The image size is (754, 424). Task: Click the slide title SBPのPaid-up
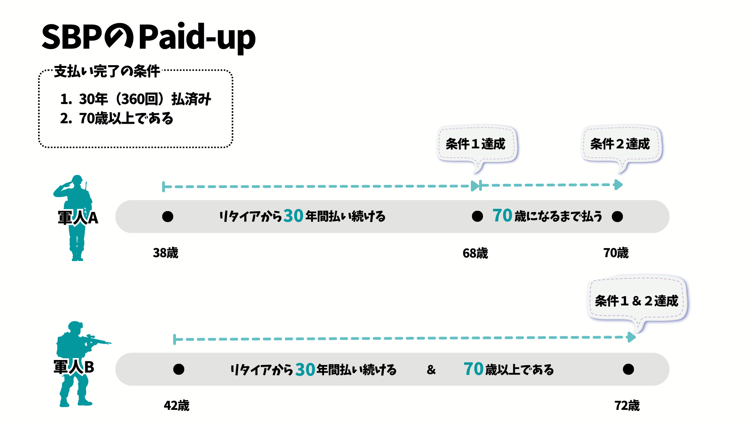[x=148, y=37]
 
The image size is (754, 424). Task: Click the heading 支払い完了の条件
[x=107, y=71]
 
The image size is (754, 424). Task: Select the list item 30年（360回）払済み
[x=135, y=99]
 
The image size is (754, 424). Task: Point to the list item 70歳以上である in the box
[x=117, y=118]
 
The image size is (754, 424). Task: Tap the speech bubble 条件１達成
[x=476, y=144]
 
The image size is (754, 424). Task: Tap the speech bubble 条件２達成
[x=620, y=144]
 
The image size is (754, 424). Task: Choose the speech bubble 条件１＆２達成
[x=637, y=301]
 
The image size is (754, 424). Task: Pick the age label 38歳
[x=165, y=253]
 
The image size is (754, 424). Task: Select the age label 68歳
[x=475, y=253]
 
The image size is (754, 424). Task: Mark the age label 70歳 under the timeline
[x=616, y=253]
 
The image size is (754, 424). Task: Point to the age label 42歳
[x=176, y=406]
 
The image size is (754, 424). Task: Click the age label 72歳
[x=627, y=406]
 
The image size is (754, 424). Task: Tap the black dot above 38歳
[x=168, y=216]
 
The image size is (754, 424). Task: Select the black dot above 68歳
[x=478, y=216]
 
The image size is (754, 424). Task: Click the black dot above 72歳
[x=628, y=369]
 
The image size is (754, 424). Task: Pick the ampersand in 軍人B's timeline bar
[x=431, y=369]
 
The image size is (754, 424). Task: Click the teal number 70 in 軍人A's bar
[x=502, y=216]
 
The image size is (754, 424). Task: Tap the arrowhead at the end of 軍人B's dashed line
[x=631, y=337]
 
